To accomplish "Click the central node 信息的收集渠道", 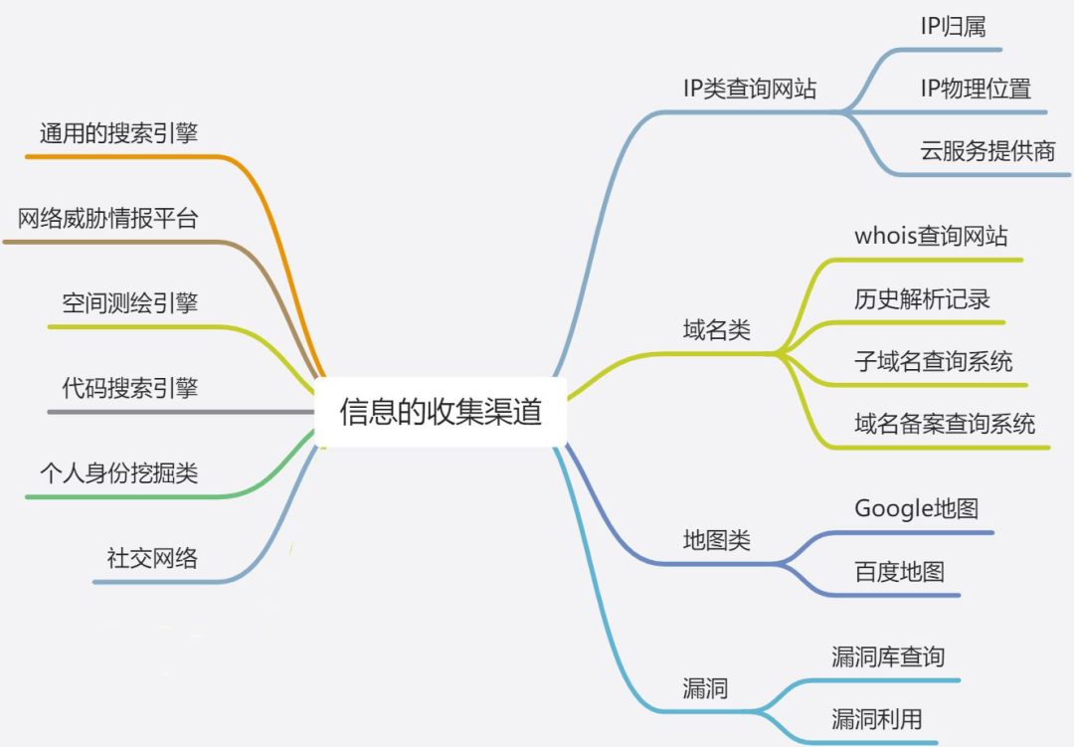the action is tap(441, 412).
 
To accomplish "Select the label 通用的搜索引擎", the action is tap(118, 133).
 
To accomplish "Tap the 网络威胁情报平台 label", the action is tap(107, 218).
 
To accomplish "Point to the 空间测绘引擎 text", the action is tap(129, 302).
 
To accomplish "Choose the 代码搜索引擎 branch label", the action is tap(129, 387).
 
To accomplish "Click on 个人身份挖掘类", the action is tap(118, 471).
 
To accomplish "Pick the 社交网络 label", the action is tap(152, 557).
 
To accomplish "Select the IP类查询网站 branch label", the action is tap(750, 88).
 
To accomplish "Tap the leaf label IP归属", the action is tap(953, 27).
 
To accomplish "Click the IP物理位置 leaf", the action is tap(976, 88).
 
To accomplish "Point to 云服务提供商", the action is tap(987, 151).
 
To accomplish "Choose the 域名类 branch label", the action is tap(716, 330).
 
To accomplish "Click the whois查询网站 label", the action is tap(931, 236).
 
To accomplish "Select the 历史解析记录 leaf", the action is tap(922, 298).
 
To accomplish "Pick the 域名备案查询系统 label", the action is tap(945, 424).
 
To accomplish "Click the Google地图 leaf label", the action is tap(916, 508).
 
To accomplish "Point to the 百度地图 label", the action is tap(899, 572).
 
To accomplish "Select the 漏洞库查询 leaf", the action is tap(888, 656).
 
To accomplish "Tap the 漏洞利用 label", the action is tap(876, 718).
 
